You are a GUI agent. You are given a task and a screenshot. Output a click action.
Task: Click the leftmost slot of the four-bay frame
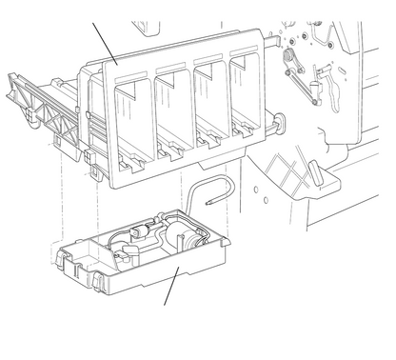point(133,119)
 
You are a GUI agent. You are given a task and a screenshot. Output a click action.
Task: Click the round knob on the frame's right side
point(280,121)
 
